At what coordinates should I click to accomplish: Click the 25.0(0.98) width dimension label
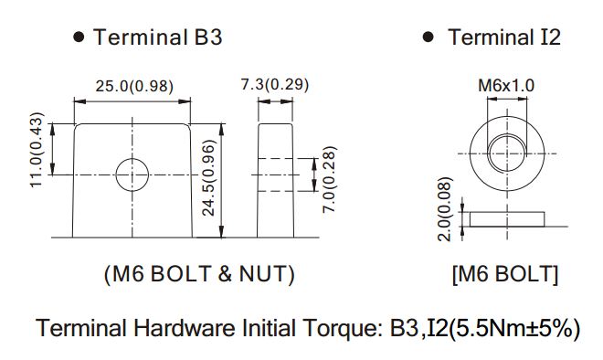coord(134,86)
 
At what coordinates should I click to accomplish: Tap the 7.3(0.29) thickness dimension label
coord(275,84)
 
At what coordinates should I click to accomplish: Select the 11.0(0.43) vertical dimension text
coord(37,150)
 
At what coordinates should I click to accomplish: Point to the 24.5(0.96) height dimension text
coord(209,177)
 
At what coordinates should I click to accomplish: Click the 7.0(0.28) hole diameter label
coord(330,179)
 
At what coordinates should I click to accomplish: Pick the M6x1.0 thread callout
coord(506,85)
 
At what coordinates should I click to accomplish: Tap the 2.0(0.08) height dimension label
coord(444,209)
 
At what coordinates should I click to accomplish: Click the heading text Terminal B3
coord(158,37)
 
